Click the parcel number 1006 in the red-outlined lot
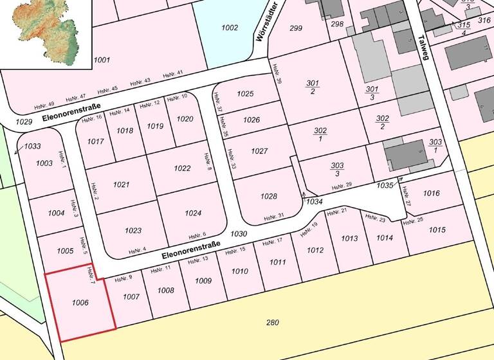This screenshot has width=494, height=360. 80,302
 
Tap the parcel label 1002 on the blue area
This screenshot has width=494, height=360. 230,28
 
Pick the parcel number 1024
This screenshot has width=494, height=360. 193,213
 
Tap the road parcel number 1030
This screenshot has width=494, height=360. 239,234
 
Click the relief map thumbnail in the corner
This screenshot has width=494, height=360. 45,33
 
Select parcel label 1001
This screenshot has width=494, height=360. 102,60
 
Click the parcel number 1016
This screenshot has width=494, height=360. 432,193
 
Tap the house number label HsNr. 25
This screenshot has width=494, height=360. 413,221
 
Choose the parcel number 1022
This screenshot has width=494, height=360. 182,168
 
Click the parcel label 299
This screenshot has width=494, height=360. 296,28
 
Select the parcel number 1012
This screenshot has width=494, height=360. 315,250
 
